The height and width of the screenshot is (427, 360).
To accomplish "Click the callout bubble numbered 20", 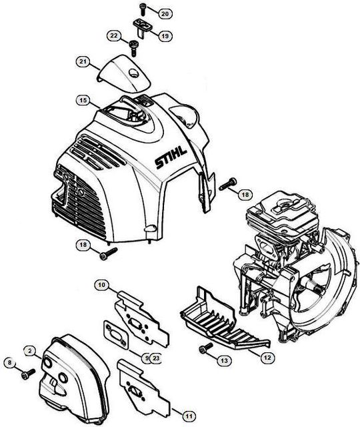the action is pyautogui.click(x=165, y=13).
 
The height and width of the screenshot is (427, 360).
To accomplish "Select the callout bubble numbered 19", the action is pyautogui.click(x=165, y=35).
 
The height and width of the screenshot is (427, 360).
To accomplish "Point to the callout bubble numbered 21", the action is pyautogui.click(x=83, y=61).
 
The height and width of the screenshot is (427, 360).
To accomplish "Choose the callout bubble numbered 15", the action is pyautogui.click(x=83, y=100).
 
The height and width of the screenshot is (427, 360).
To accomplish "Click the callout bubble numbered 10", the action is pyautogui.click(x=101, y=285).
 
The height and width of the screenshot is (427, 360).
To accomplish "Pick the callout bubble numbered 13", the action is pyautogui.click(x=224, y=360).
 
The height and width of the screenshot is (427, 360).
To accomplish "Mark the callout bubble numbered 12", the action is pyautogui.click(x=267, y=357).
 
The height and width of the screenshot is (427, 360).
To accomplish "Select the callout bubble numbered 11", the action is pyautogui.click(x=189, y=416).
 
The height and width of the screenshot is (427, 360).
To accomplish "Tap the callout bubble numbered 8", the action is pyautogui.click(x=10, y=362).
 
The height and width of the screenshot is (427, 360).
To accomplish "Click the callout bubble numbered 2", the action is pyautogui.click(x=30, y=351).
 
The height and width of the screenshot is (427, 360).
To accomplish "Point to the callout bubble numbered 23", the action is pyautogui.click(x=156, y=358).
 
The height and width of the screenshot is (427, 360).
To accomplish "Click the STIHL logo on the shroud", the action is pyautogui.click(x=171, y=158).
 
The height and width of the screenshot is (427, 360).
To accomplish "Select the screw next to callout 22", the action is pyautogui.click(x=133, y=48).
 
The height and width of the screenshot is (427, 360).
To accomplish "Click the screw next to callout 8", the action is pyautogui.click(x=28, y=374).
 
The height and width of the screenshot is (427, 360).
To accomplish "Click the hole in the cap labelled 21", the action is pyautogui.click(x=133, y=73).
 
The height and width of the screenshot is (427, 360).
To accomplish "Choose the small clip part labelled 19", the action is pyautogui.click(x=143, y=27).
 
